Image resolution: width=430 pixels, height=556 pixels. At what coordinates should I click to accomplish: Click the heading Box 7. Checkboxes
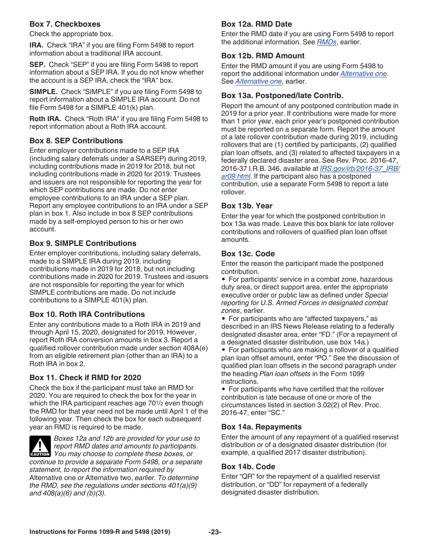[65, 24]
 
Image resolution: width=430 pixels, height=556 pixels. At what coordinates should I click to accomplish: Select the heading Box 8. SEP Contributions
[76, 141]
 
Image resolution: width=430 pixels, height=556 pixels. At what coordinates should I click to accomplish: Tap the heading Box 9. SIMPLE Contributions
[83, 243]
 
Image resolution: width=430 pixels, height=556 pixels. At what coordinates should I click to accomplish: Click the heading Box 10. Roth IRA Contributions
[87, 314]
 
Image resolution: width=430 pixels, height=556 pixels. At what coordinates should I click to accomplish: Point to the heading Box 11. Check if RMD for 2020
[85, 377]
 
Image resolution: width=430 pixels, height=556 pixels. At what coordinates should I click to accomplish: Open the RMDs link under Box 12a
[326, 42]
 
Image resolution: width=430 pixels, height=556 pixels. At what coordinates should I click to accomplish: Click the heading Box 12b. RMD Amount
[263, 56]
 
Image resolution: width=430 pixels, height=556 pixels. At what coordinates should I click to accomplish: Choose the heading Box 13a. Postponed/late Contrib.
[282, 95]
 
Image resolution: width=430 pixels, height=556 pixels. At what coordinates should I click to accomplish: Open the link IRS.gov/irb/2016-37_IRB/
[360, 169]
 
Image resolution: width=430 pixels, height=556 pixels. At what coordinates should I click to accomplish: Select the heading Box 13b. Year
[247, 206]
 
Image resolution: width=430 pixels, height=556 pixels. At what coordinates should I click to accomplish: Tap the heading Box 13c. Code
[248, 254]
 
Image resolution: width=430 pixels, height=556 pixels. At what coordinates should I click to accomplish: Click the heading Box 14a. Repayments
[261, 427]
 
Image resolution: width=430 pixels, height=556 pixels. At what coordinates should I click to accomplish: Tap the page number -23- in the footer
[215, 532]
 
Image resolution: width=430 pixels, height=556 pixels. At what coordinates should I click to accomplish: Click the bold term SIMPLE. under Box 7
[43, 92]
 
